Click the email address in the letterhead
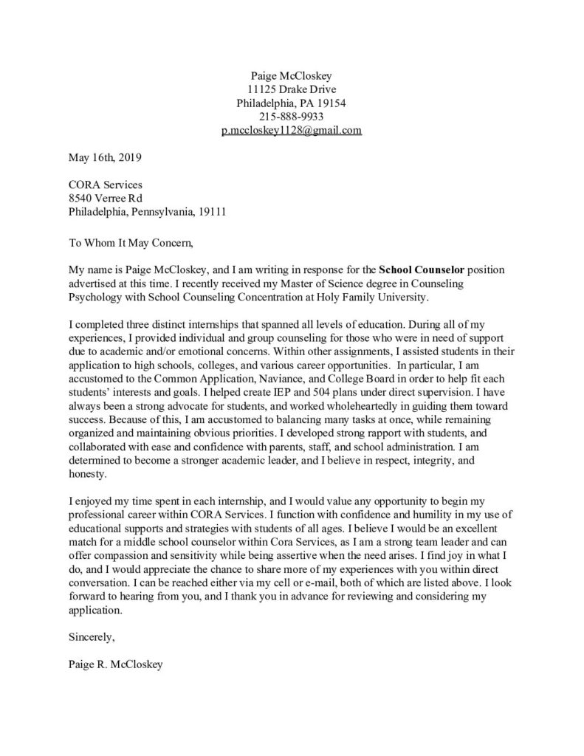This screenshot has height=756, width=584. pos(292,131)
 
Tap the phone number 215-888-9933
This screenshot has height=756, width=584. pos(292,117)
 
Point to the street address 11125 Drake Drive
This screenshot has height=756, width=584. pos(292,89)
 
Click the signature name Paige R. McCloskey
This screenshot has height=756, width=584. pos(114,663)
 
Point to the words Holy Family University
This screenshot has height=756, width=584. pos(369,296)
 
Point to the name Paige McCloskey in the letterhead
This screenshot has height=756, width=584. pos(292,75)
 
